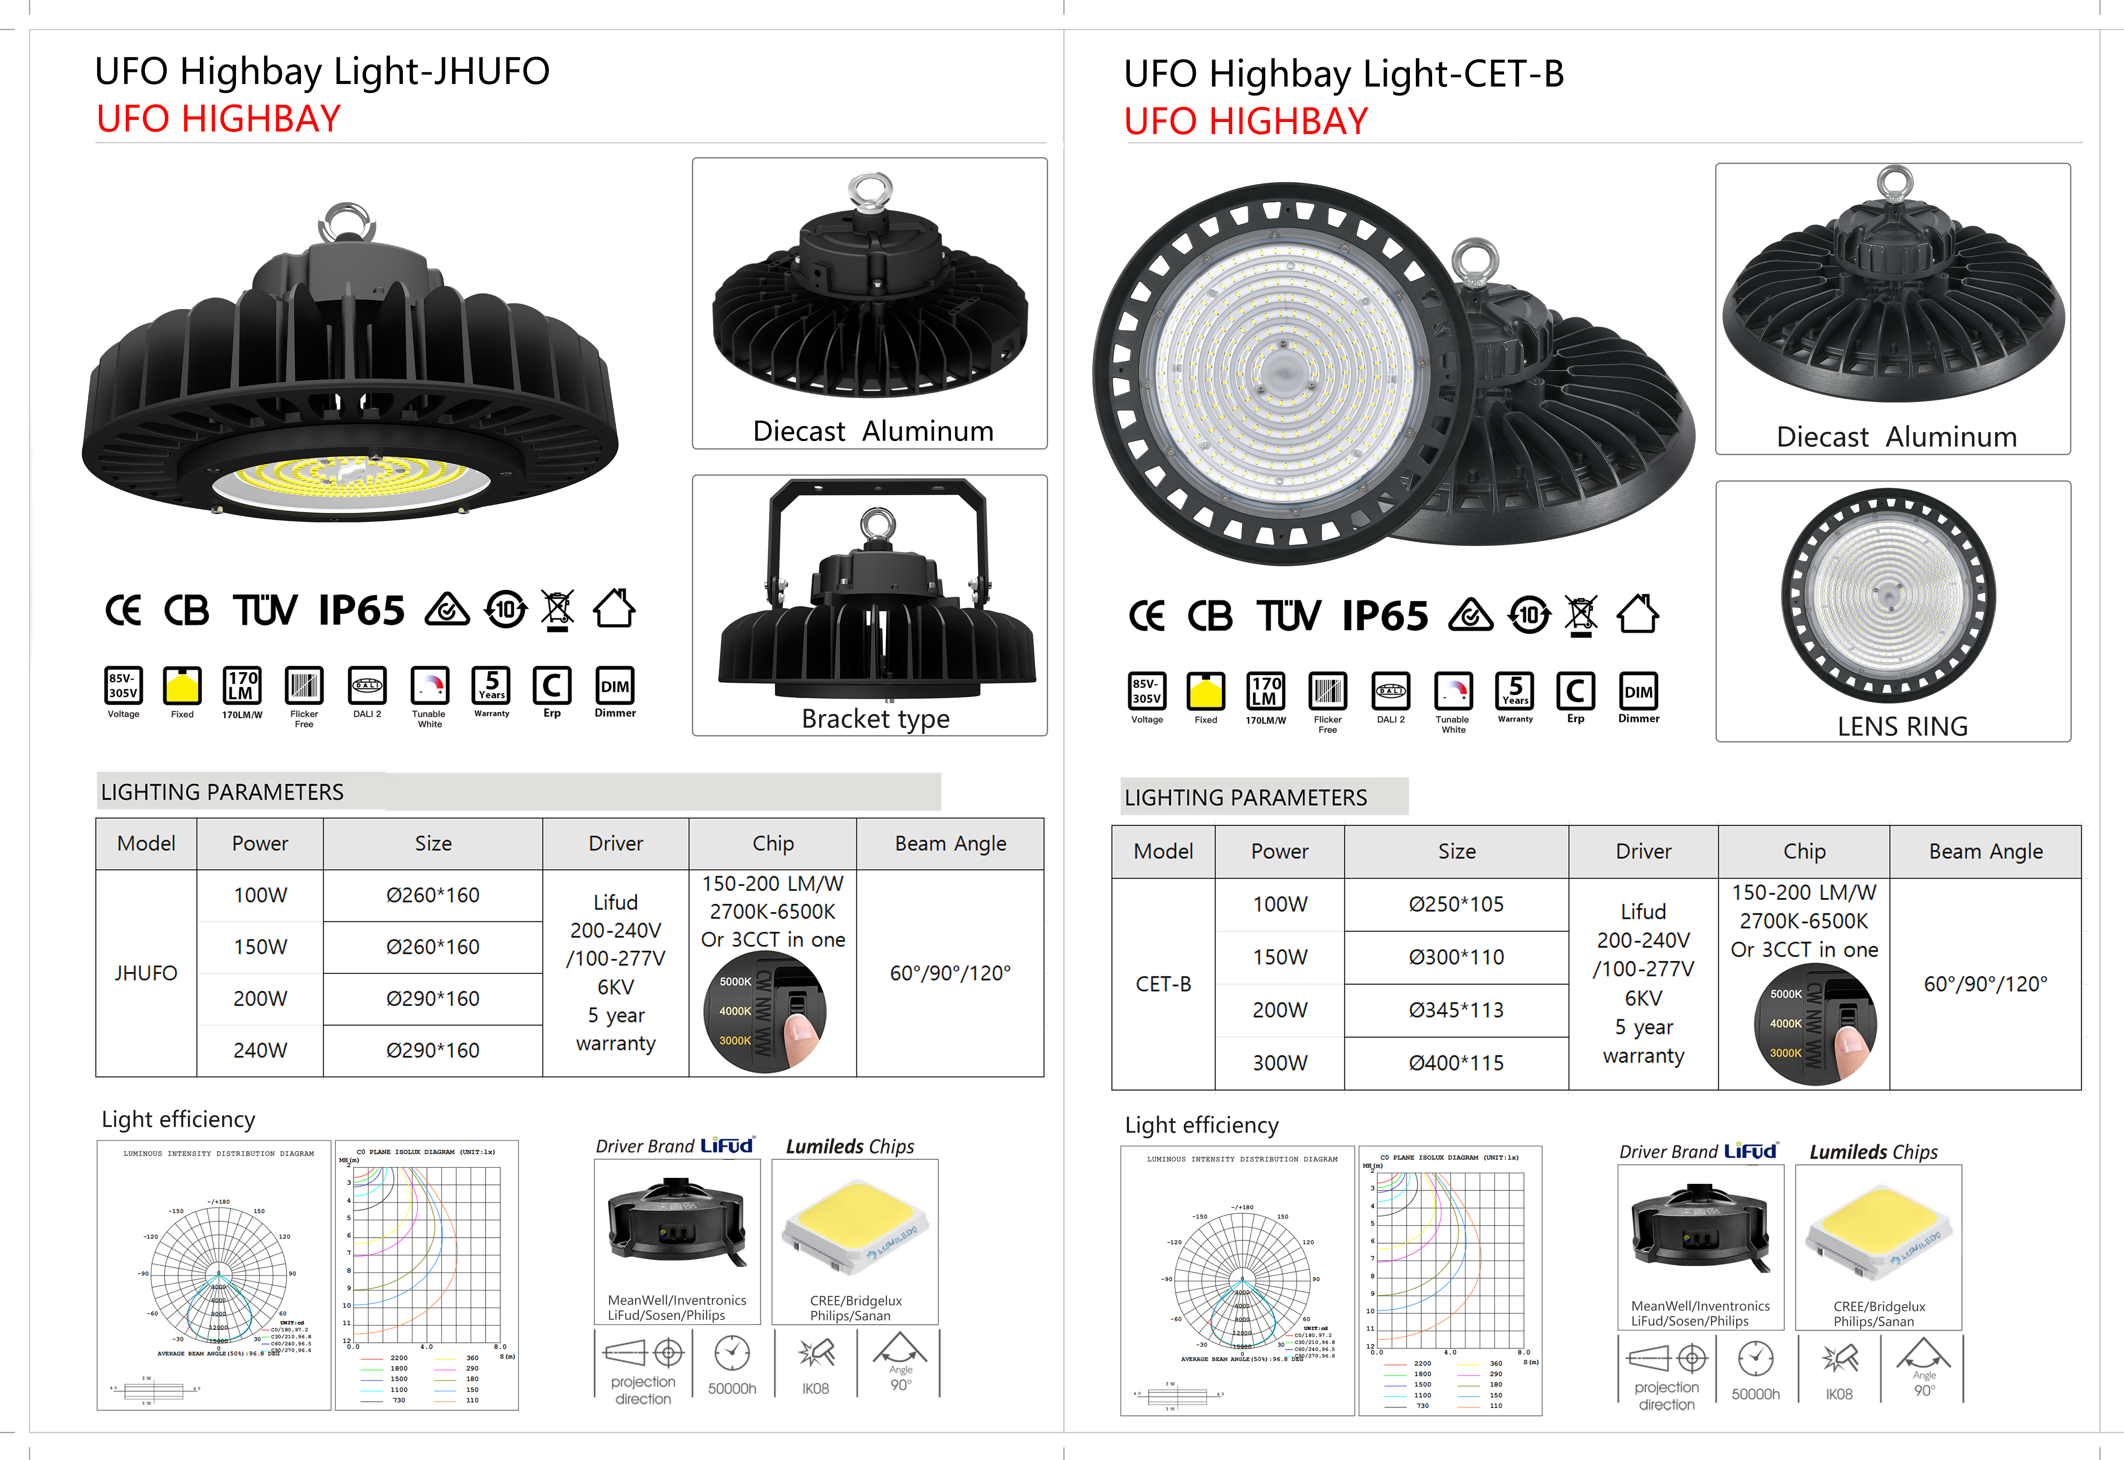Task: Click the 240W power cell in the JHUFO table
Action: coord(260,1050)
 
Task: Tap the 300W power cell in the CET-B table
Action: coord(1280,1063)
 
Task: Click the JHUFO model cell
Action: coord(146,973)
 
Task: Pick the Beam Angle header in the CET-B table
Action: coord(1985,852)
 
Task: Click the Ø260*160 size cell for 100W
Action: coord(433,896)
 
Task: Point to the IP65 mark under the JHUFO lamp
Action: coord(361,610)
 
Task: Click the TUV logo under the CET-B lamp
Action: coord(1288,616)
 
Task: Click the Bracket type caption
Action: coord(876,719)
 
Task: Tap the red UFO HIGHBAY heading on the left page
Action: coord(219,119)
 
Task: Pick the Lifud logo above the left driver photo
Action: coord(727,1145)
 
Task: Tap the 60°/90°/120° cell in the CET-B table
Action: coord(1985,984)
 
